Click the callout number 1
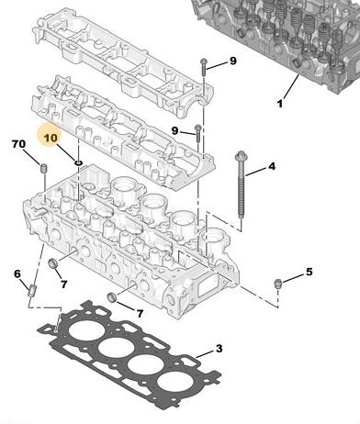coord(280,104)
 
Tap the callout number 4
coord(272,166)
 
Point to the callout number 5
coord(309,272)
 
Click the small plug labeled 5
coord(277,284)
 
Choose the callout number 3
coord(219,348)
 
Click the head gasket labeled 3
coord(129,355)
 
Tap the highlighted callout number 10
coord(51,138)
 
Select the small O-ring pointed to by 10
coord(78,162)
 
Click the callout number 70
coord(18,144)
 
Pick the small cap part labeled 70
coord(44,168)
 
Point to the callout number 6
coord(17,273)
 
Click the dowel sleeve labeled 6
coord(32,291)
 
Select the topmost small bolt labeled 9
coord(204,67)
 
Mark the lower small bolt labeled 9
coord(197,133)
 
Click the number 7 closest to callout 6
coord(63,285)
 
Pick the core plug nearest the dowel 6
coord(53,263)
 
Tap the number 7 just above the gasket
coord(140,313)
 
